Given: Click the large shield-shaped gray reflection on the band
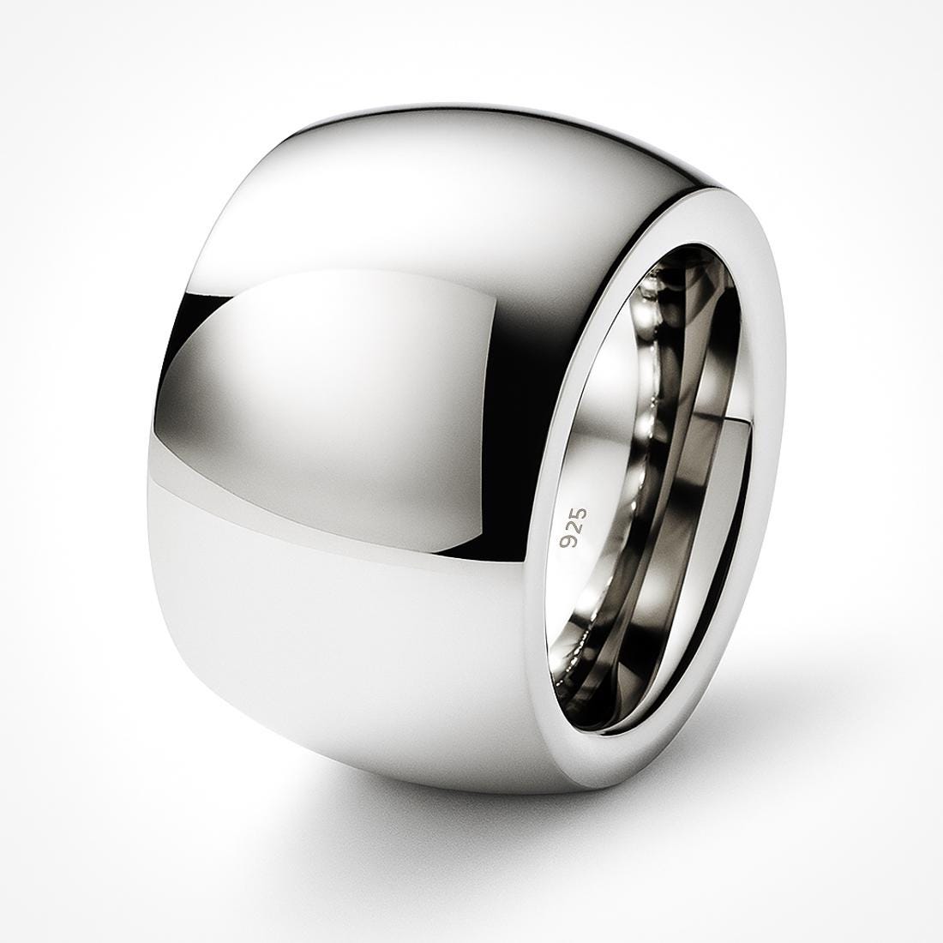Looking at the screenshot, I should click(x=343, y=394).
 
